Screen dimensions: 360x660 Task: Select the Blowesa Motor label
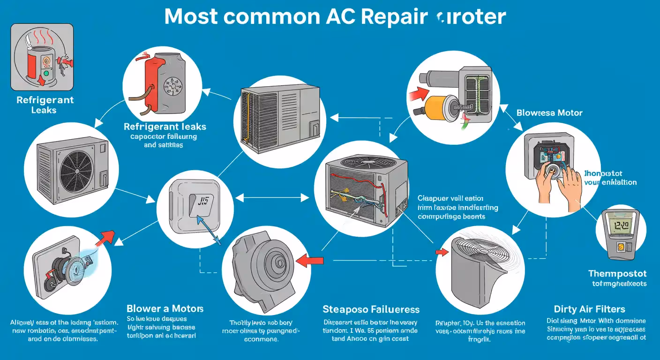(549, 112)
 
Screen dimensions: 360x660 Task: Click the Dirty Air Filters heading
(589, 309)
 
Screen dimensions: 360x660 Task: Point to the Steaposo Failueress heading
(371, 309)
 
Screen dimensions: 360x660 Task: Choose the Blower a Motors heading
(165, 308)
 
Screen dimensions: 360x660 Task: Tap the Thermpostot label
(617, 273)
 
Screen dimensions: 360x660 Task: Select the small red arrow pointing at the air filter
(442, 252)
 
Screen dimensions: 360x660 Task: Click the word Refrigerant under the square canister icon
(45, 100)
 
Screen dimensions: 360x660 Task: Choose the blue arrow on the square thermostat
(208, 228)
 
